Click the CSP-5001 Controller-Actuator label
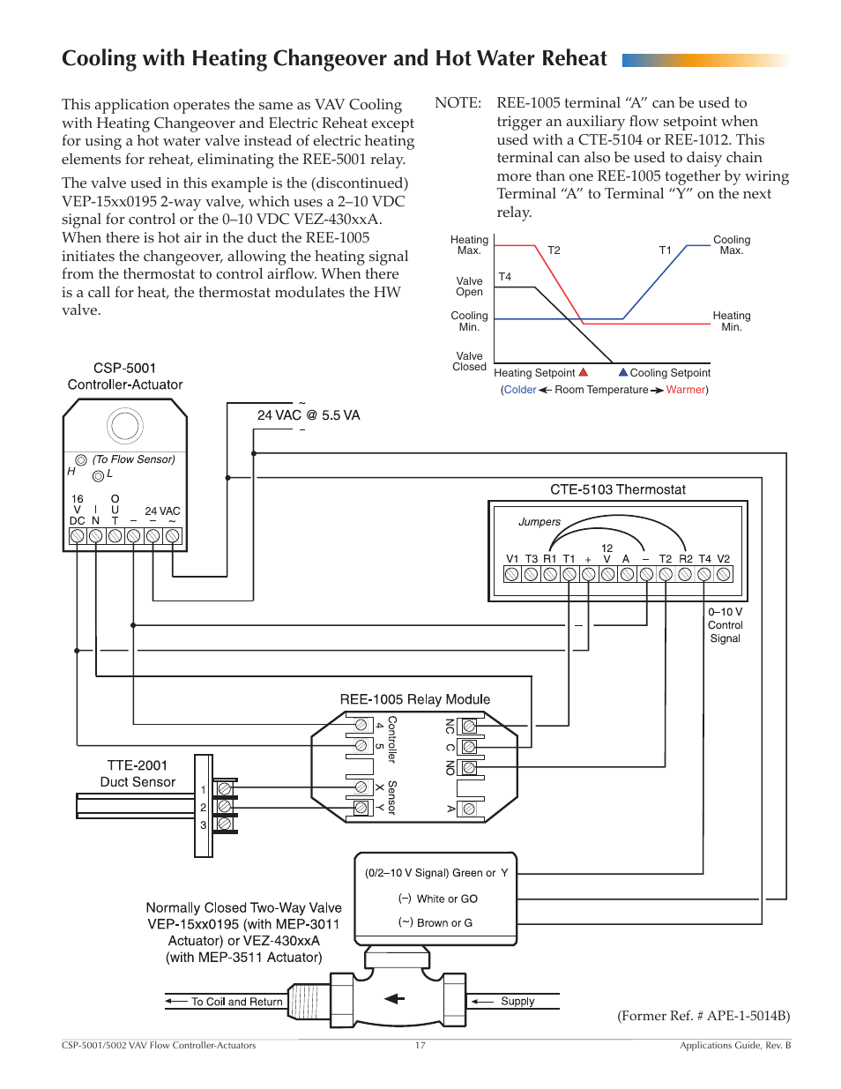(x=125, y=377)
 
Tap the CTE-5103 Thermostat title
(x=617, y=489)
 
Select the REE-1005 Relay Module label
(x=414, y=699)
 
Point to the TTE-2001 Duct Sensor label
(x=138, y=773)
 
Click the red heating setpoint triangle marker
(x=584, y=372)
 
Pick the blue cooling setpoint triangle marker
(x=623, y=372)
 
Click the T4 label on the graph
(x=505, y=277)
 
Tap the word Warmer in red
(x=685, y=390)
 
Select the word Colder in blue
(x=520, y=390)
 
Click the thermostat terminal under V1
(x=512, y=574)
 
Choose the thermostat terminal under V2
(x=724, y=574)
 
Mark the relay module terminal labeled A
(x=469, y=809)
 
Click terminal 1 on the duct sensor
(x=224, y=788)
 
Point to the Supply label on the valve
(x=517, y=1001)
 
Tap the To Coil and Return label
(x=236, y=1002)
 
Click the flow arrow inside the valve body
(x=395, y=999)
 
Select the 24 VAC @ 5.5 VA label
(x=309, y=415)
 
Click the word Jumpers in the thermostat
(x=540, y=522)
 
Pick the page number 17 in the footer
(x=420, y=1045)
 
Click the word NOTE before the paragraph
(x=458, y=103)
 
